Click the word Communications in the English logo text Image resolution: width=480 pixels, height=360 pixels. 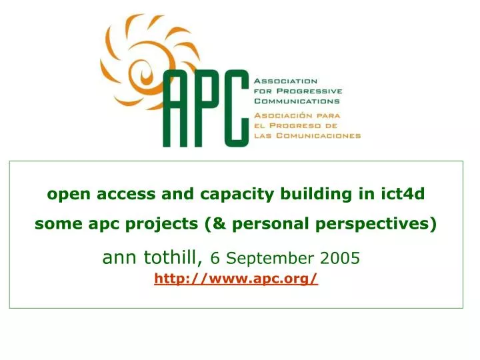(297, 101)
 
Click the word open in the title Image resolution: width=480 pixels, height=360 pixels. (65, 195)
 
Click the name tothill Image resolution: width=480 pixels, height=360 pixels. (170, 257)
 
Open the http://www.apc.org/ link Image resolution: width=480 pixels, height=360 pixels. (236, 280)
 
